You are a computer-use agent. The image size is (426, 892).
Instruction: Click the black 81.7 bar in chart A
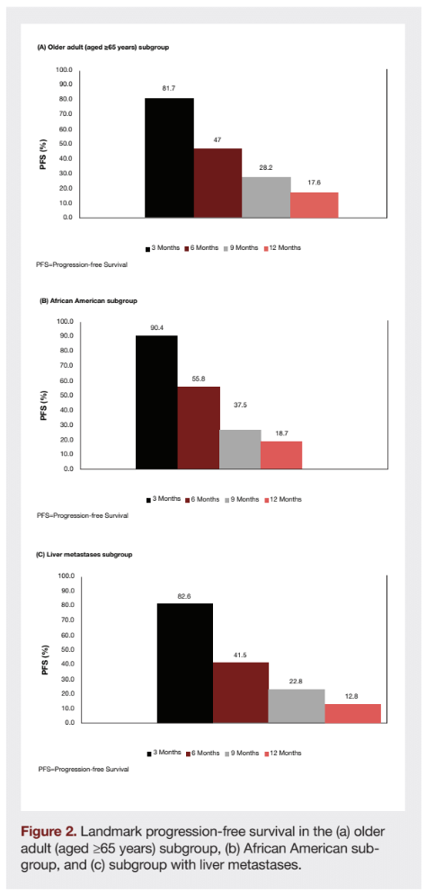(169, 157)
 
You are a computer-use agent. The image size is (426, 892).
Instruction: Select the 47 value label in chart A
(217, 140)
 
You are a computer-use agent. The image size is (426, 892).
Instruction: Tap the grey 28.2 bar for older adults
(266, 197)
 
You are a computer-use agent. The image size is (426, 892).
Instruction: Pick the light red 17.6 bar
(314, 205)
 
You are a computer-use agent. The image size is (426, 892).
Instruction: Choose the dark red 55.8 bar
(198, 427)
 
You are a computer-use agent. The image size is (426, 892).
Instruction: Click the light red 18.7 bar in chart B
(281, 455)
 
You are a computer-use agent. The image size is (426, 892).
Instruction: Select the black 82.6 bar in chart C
(184, 663)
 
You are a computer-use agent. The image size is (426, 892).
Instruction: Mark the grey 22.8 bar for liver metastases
(297, 706)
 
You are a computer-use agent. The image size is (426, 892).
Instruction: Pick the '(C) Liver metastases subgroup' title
(84, 555)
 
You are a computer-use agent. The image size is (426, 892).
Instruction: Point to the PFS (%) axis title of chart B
(44, 395)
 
